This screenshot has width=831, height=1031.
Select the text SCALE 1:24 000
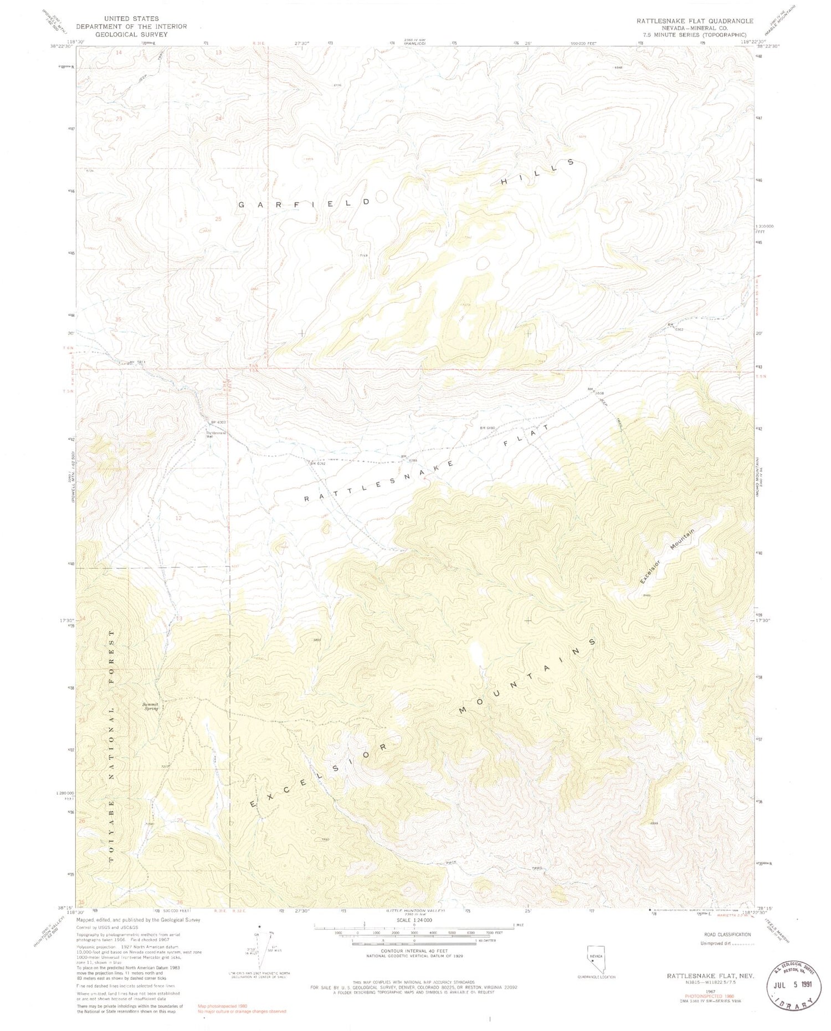414,920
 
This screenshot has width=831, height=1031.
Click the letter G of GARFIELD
242,205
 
